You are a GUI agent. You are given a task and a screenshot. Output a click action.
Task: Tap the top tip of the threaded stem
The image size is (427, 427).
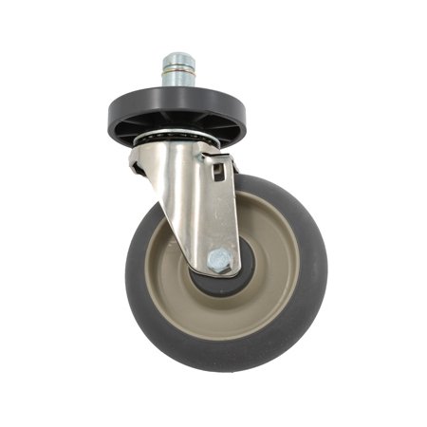[177, 57]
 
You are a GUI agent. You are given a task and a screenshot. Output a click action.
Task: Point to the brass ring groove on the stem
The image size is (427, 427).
[177, 70]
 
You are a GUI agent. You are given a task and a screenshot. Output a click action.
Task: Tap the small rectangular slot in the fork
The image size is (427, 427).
[217, 172]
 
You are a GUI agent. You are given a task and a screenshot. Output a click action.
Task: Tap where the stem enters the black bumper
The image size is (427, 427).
[177, 88]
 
